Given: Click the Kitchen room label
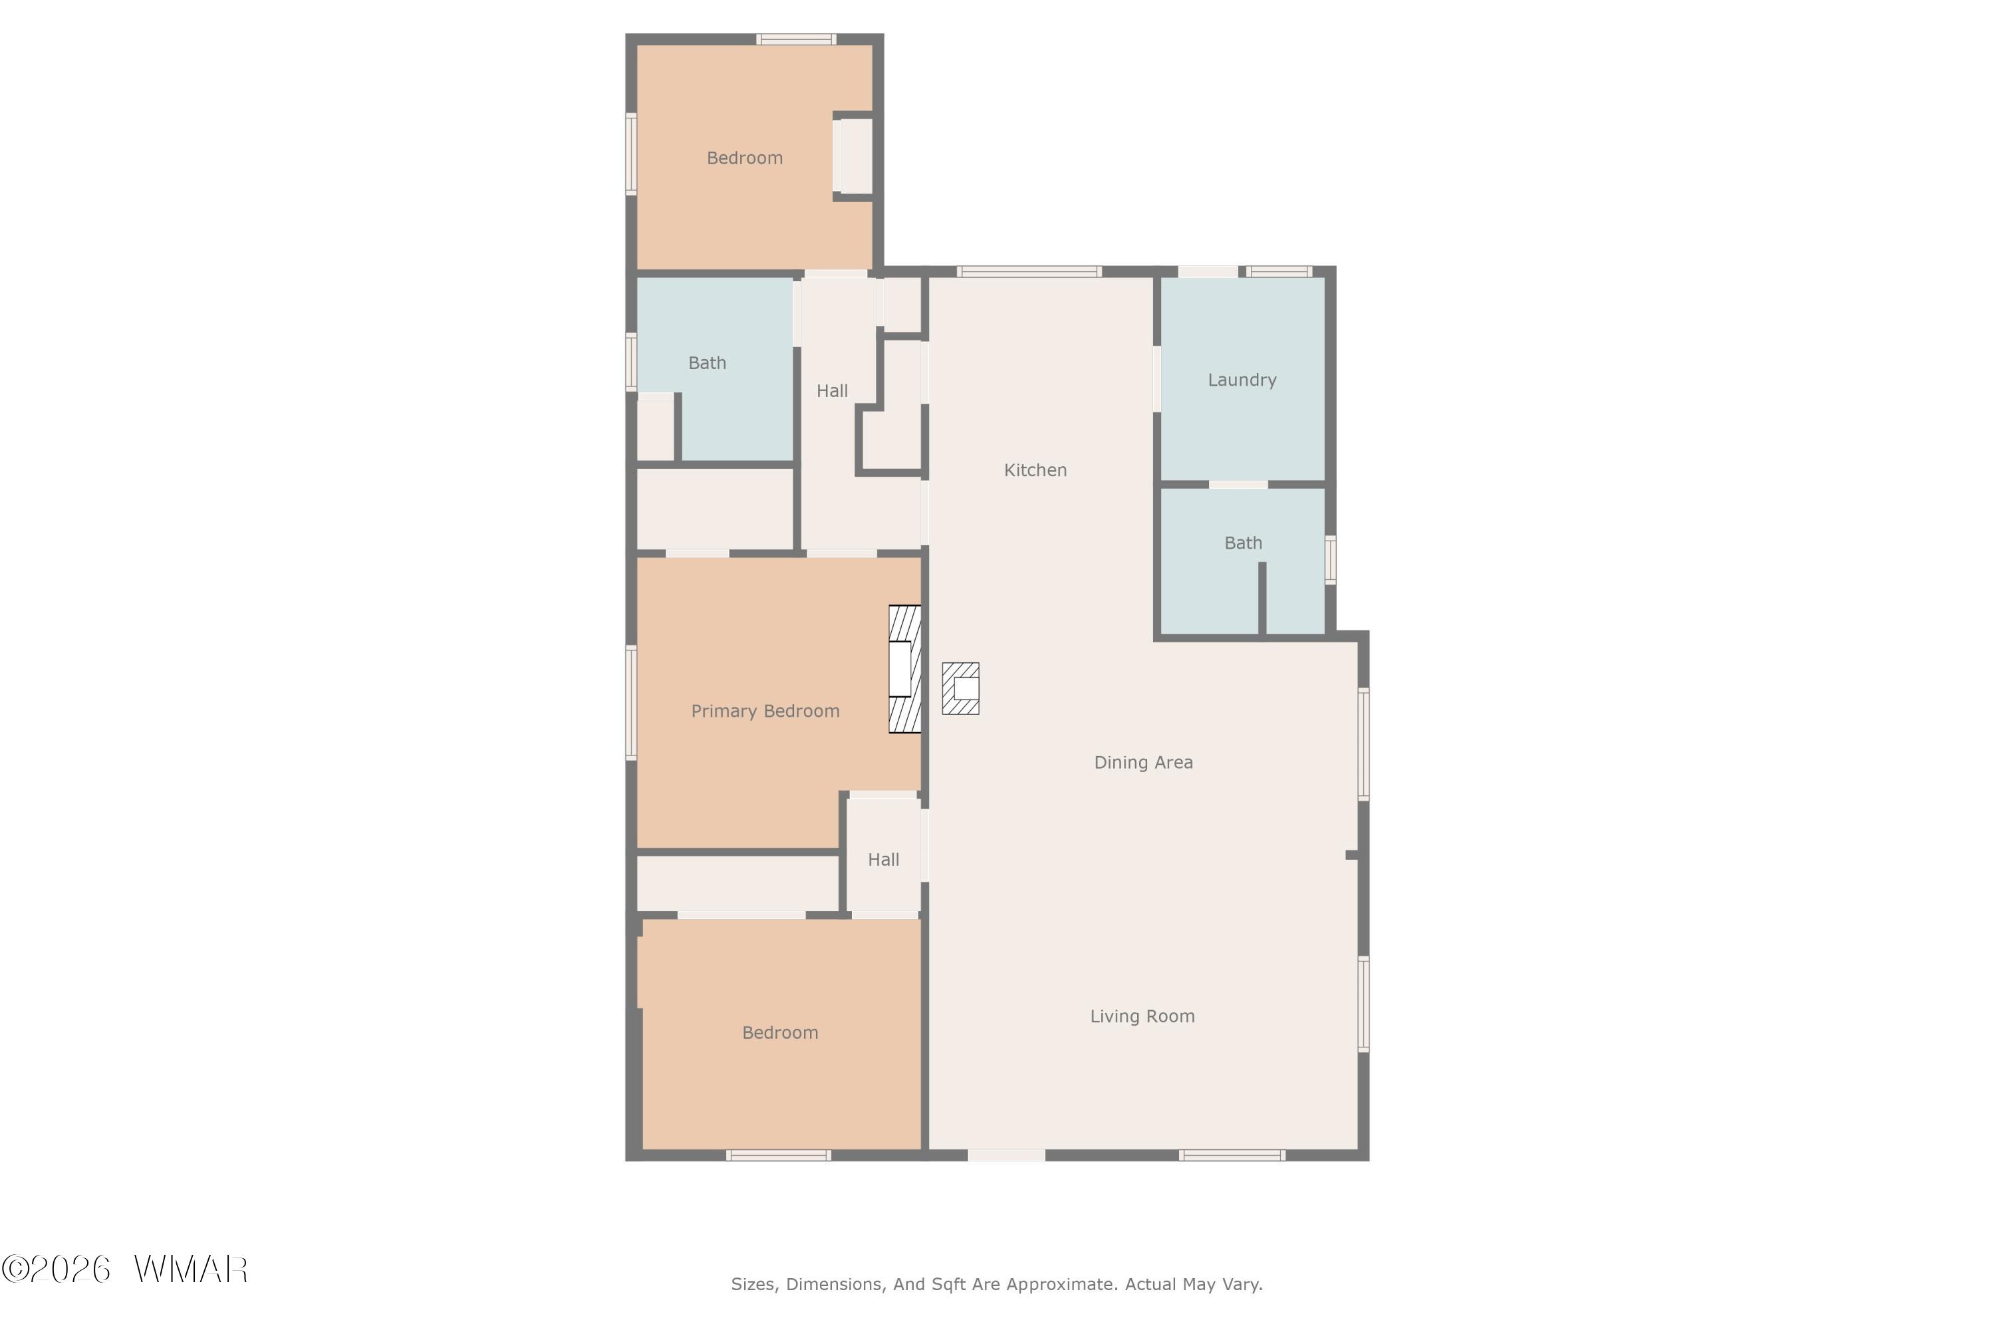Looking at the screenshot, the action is coord(1035,470).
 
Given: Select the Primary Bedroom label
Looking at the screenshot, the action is coord(765,711).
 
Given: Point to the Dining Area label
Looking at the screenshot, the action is coord(1143,761).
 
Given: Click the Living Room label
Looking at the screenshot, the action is coord(1142,1016).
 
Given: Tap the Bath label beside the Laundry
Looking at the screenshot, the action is coord(1243,543).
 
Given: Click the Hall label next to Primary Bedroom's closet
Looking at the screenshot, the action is coord(883,860).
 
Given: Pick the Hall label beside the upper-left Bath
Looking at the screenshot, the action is coord(832,391).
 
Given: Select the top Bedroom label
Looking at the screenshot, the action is coord(745,158).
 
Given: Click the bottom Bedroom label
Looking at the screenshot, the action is coord(780,1032).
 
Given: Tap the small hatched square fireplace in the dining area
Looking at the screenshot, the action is coord(960,688).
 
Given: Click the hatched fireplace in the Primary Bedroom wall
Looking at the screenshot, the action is coord(904,668).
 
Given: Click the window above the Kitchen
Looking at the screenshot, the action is coord(1029,271).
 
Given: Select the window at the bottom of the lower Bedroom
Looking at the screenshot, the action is coord(778,1155).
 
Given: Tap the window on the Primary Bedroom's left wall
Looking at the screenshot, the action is coord(631,702).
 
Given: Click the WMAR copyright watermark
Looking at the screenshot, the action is coord(125,1269).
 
